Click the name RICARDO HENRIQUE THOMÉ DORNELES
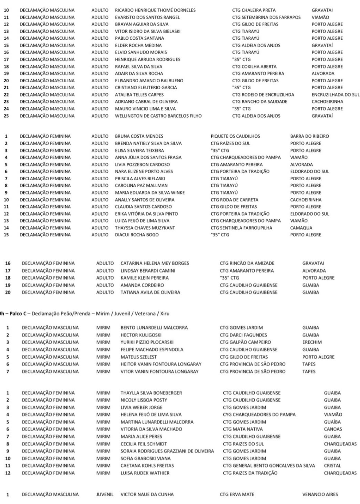click(155, 10)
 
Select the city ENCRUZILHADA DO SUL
click(335, 95)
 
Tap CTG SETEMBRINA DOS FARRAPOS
click(266, 17)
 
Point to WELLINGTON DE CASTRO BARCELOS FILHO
click(158, 116)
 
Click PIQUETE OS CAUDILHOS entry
click(235, 136)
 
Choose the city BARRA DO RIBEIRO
click(309, 136)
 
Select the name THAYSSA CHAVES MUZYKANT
click(145, 228)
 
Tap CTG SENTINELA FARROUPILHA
click(241, 228)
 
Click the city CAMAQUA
click(301, 228)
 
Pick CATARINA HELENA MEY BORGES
click(155, 263)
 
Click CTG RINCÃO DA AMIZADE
click(247, 263)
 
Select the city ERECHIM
click(312, 342)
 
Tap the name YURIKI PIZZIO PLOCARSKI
click(147, 342)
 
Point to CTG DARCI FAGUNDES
click(243, 335)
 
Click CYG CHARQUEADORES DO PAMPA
click(259, 415)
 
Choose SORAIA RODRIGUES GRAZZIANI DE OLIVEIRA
click(167, 451)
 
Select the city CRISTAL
click(332, 466)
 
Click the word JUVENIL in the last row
click(105, 495)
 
